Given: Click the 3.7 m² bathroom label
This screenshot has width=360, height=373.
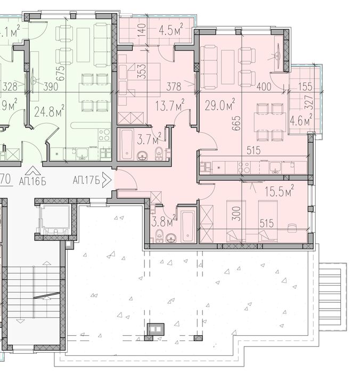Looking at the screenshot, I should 149,140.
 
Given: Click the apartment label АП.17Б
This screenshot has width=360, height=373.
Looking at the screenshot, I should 87,180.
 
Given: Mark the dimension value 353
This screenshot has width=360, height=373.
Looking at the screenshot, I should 142,72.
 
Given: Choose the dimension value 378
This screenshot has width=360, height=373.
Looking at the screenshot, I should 174,86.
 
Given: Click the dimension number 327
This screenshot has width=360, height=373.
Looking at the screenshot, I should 308,101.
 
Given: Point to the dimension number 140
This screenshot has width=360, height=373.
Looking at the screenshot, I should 142,29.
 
